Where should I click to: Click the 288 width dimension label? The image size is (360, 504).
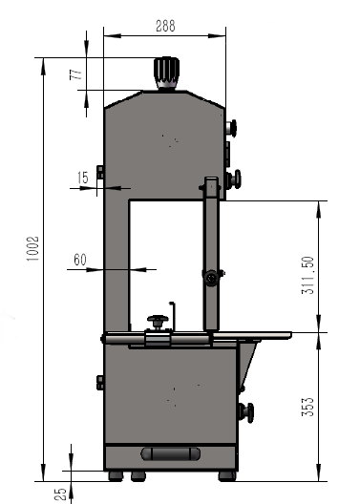165,26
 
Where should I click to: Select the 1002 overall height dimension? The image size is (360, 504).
32,248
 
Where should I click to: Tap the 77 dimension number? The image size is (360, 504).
76,74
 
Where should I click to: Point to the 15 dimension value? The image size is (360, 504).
83,178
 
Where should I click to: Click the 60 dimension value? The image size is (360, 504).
80,260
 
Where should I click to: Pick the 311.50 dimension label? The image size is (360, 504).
307,275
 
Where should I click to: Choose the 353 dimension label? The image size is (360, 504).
307,407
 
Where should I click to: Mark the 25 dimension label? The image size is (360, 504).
60,494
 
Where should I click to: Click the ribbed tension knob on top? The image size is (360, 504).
166,73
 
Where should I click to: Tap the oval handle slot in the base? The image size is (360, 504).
170,453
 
